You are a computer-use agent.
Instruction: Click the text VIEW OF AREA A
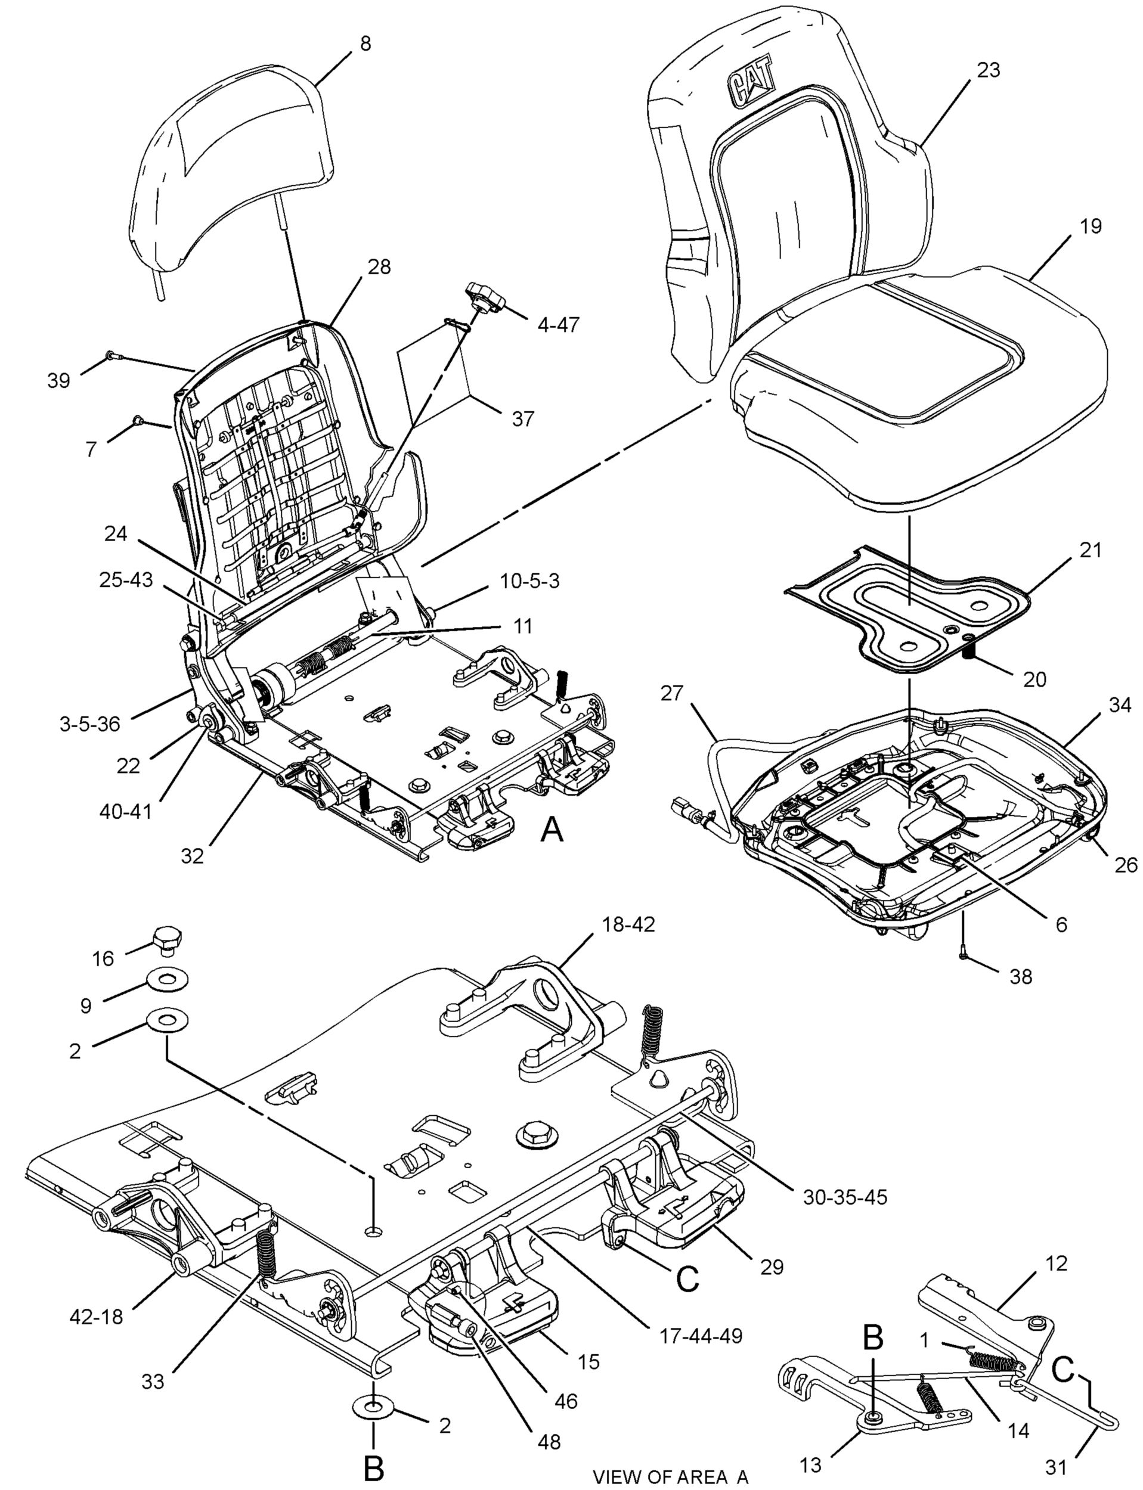point(670,1476)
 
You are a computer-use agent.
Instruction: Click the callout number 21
point(1090,550)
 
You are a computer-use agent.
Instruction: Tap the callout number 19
point(1090,226)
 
